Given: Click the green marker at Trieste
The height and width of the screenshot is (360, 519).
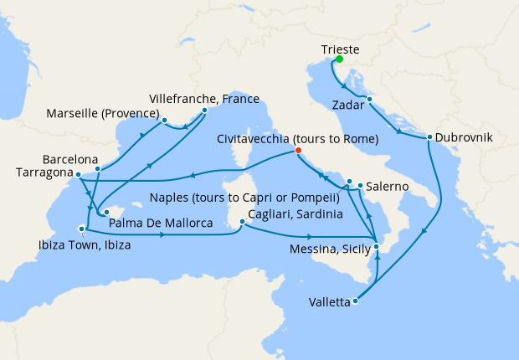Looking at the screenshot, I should click(340, 59).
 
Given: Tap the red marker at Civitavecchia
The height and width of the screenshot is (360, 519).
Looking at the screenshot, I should click(296, 152).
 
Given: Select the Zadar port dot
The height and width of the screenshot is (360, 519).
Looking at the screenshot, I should click(369, 100).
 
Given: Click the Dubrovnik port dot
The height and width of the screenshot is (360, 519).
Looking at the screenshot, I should click(429, 137).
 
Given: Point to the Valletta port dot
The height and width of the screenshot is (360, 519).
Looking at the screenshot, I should click(356, 301).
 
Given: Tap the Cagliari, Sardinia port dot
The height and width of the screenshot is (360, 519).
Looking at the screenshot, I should click(241, 222).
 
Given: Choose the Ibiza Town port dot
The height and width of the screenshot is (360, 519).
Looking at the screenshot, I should click(82, 228).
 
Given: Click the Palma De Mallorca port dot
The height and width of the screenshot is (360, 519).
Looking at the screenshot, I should click(106, 211).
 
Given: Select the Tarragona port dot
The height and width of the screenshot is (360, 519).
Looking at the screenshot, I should click(77, 175).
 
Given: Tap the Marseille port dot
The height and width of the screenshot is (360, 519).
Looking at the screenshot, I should click(165, 120).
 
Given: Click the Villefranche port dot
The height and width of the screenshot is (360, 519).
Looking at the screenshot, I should click(204, 110).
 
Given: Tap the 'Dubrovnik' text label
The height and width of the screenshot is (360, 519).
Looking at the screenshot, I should click(465, 137).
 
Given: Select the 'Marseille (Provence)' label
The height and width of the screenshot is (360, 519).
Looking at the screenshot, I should click(103, 113).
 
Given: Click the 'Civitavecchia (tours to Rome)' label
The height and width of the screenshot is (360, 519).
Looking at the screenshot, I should click(297, 137).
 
